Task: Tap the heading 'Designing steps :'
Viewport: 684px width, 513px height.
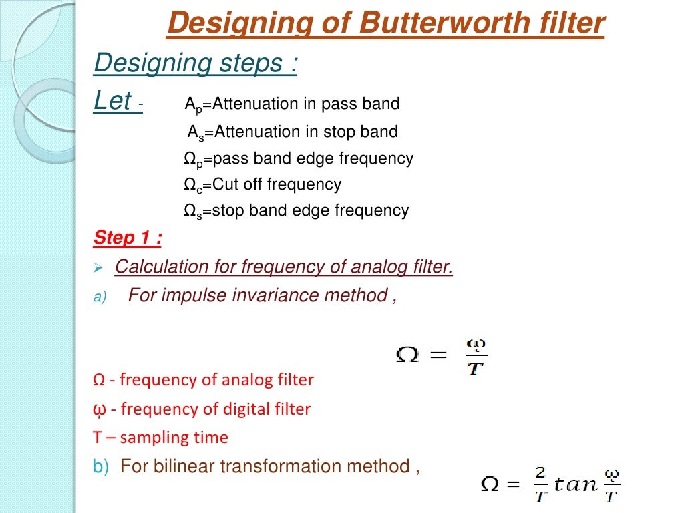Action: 195,63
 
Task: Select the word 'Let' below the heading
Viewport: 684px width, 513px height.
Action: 113,102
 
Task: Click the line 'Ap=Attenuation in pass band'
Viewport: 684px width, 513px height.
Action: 292,104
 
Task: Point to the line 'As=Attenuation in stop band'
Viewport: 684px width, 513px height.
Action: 292,132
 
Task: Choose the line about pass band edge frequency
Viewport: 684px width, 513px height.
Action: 299,159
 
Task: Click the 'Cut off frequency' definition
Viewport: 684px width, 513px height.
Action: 263,185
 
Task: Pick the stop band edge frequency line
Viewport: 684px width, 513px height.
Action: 296,211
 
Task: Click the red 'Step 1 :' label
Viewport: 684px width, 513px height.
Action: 127,238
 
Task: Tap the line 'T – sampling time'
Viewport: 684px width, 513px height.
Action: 160,438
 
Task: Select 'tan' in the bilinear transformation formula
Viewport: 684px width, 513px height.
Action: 575,484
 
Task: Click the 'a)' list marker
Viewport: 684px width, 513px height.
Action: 100,297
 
